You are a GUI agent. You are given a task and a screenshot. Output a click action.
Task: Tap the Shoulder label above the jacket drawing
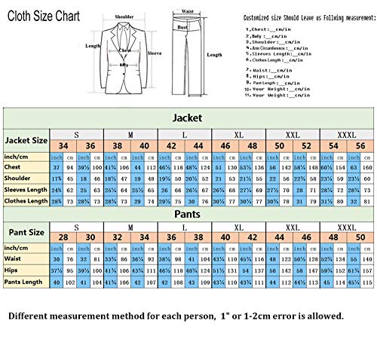(x=124, y=15)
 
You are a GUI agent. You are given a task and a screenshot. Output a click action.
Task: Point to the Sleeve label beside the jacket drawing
(x=154, y=54)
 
